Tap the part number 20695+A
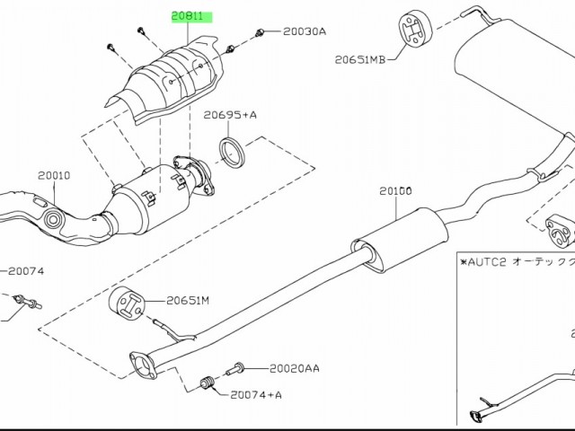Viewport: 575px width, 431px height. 230,115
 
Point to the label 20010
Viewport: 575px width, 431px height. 54,177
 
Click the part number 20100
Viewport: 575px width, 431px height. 394,191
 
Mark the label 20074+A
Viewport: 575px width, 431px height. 256,394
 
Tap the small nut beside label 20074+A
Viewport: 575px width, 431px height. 205,386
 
